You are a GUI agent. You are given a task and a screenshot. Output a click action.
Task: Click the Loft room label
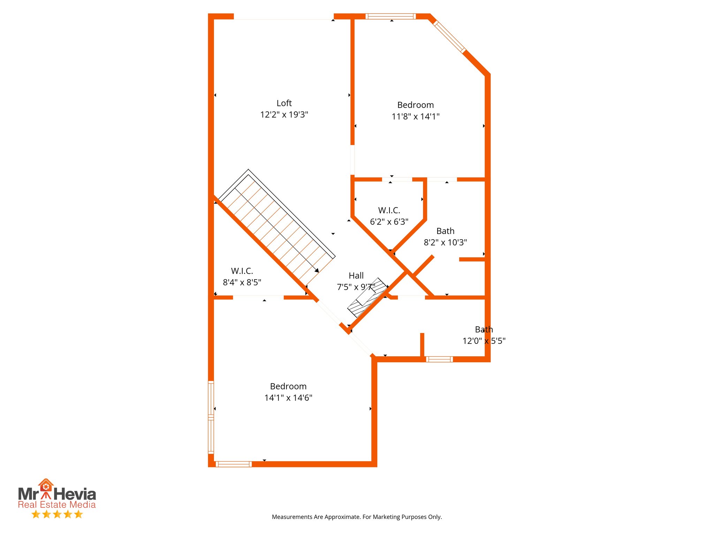(284, 103)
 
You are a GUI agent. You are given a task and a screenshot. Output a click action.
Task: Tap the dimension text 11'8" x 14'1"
(415, 117)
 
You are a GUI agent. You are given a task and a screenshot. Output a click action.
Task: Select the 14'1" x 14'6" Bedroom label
(288, 386)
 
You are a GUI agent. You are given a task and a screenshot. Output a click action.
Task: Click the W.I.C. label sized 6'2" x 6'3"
(389, 210)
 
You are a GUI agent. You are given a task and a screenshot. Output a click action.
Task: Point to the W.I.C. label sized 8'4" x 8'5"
(242, 271)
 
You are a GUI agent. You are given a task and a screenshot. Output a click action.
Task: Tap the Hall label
(356, 276)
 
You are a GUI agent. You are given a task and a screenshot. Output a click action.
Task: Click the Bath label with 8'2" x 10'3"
(445, 231)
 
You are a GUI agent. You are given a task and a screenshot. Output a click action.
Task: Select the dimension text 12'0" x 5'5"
(484, 341)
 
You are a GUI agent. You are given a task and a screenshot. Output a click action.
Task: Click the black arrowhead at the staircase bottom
(317, 270)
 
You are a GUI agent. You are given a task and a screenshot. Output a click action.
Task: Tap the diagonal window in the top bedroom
(449, 37)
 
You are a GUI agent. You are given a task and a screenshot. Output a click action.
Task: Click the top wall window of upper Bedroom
(390, 16)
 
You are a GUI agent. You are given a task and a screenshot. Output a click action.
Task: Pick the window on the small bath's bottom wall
(439, 359)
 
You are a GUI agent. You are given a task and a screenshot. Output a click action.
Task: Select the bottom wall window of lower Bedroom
(233, 464)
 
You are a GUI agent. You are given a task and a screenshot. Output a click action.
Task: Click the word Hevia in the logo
(75, 494)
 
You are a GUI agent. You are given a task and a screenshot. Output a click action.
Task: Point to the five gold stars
(57, 514)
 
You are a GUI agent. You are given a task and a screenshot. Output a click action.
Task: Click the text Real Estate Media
(57, 505)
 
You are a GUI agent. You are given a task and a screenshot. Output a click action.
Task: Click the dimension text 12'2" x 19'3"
(284, 115)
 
